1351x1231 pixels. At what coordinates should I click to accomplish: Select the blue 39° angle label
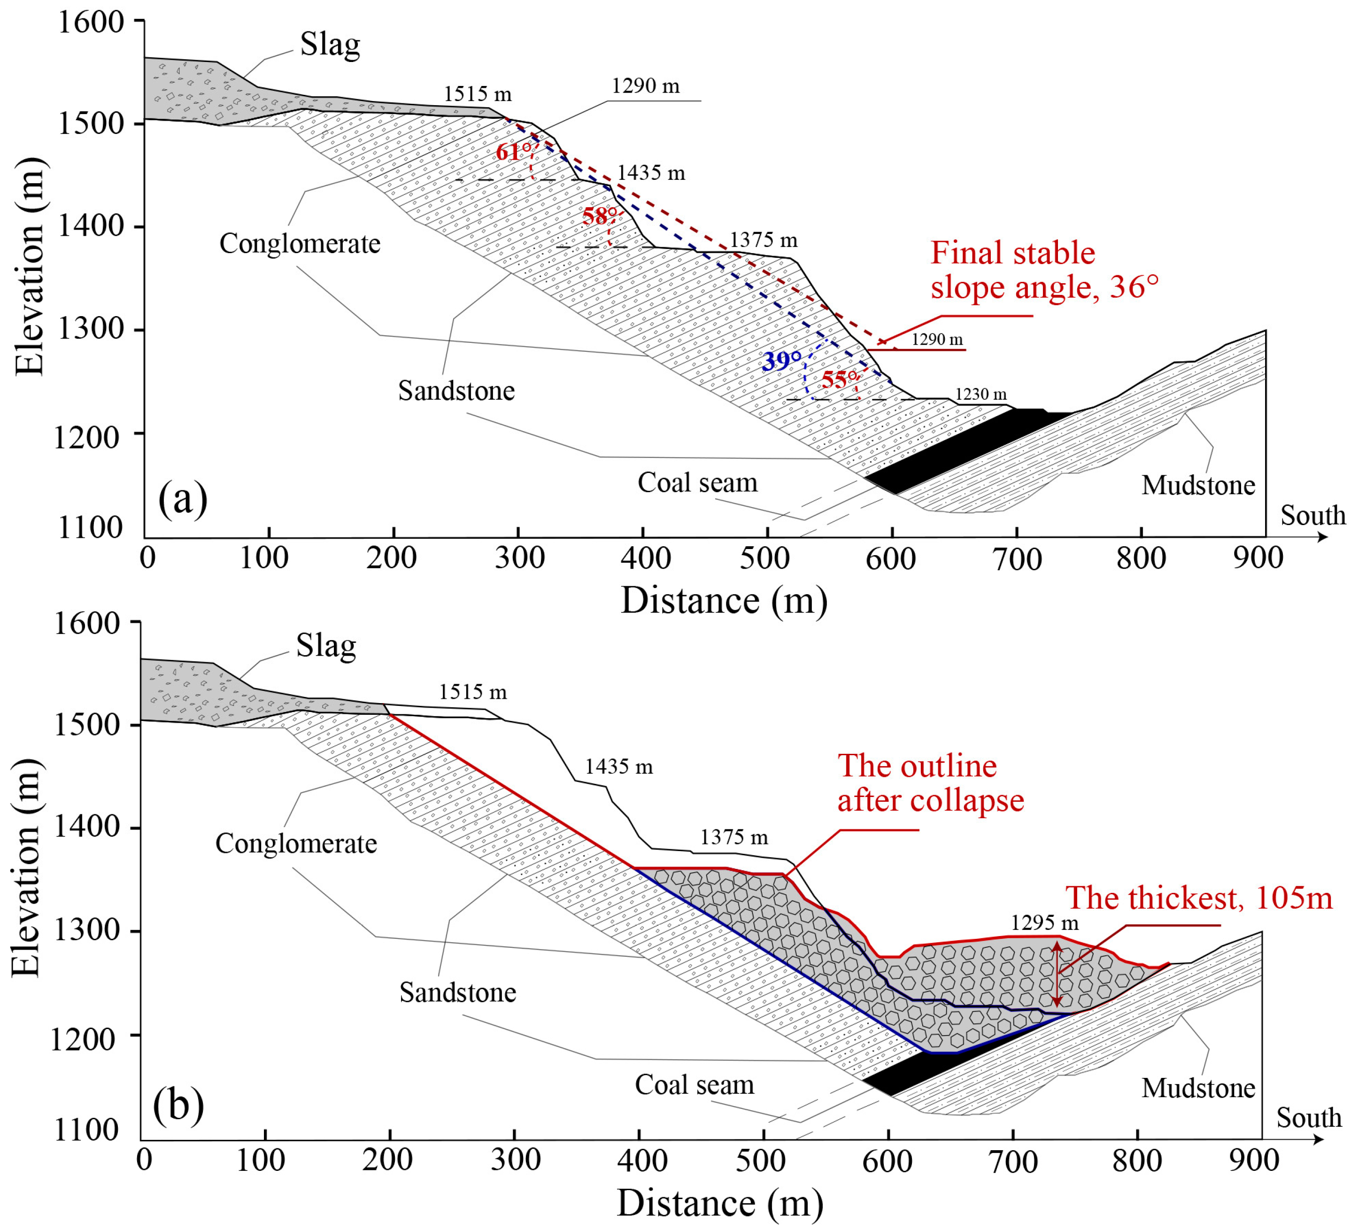(x=781, y=361)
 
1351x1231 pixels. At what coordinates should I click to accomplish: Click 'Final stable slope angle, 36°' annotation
(x=1044, y=270)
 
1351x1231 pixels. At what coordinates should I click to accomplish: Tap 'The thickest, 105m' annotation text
(x=1199, y=898)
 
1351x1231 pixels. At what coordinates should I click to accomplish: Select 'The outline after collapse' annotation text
(x=930, y=782)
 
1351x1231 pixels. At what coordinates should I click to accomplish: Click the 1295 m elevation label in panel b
(x=1044, y=923)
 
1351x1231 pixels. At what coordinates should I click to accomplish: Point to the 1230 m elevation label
(x=980, y=394)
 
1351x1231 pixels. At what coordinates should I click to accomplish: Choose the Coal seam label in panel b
(x=694, y=1084)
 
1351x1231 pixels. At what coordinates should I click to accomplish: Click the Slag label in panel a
(x=330, y=45)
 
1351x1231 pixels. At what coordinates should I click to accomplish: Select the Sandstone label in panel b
(x=458, y=992)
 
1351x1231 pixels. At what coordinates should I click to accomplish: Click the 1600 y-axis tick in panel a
(x=91, y=22)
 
